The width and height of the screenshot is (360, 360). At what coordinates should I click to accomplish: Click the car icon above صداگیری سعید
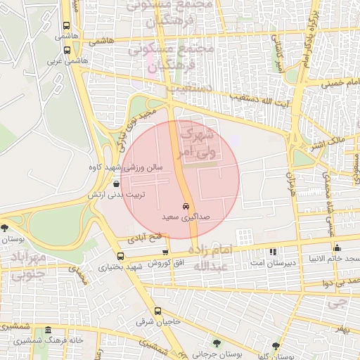click(185, 207)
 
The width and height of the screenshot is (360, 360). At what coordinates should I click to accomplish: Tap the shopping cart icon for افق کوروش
click(165, 252)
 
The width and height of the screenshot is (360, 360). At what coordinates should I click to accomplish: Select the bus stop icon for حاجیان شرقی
click(156, 311)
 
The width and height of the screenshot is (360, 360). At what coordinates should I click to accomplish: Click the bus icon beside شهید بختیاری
click(117, 256)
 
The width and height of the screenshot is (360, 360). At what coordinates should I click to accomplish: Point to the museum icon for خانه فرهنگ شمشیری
click(48, 330)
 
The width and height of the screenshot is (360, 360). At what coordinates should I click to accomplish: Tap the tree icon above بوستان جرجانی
click(216, 344)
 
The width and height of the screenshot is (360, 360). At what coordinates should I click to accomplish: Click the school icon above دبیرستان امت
click(273, 251)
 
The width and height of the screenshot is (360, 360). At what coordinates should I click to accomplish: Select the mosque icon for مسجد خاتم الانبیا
click(337, 247)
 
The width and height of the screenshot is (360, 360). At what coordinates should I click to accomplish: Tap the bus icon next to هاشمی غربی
click(67, 50)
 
